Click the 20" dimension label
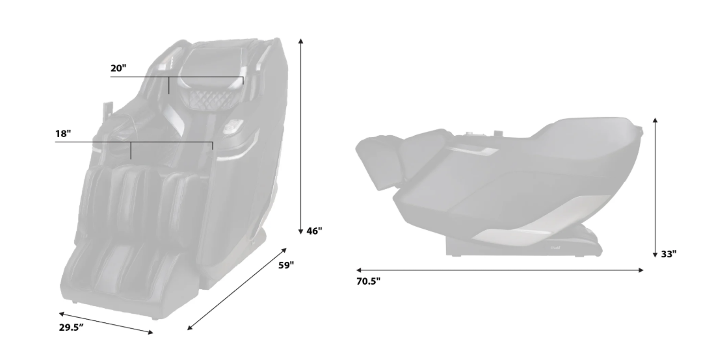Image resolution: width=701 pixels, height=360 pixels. coord(118,68)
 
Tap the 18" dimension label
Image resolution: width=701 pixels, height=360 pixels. coord(63,134)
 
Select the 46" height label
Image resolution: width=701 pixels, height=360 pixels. coord(314,231)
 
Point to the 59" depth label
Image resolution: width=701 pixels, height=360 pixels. coord(286,265)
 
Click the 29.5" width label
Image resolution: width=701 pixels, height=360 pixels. coord(72,328)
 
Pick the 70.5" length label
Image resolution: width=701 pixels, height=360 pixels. coord(368,281)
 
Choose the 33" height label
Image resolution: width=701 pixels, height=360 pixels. coord(668,254)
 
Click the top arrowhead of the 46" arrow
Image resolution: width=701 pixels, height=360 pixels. coord(301,41)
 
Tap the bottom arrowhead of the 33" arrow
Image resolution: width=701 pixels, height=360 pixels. coord(655,255)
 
